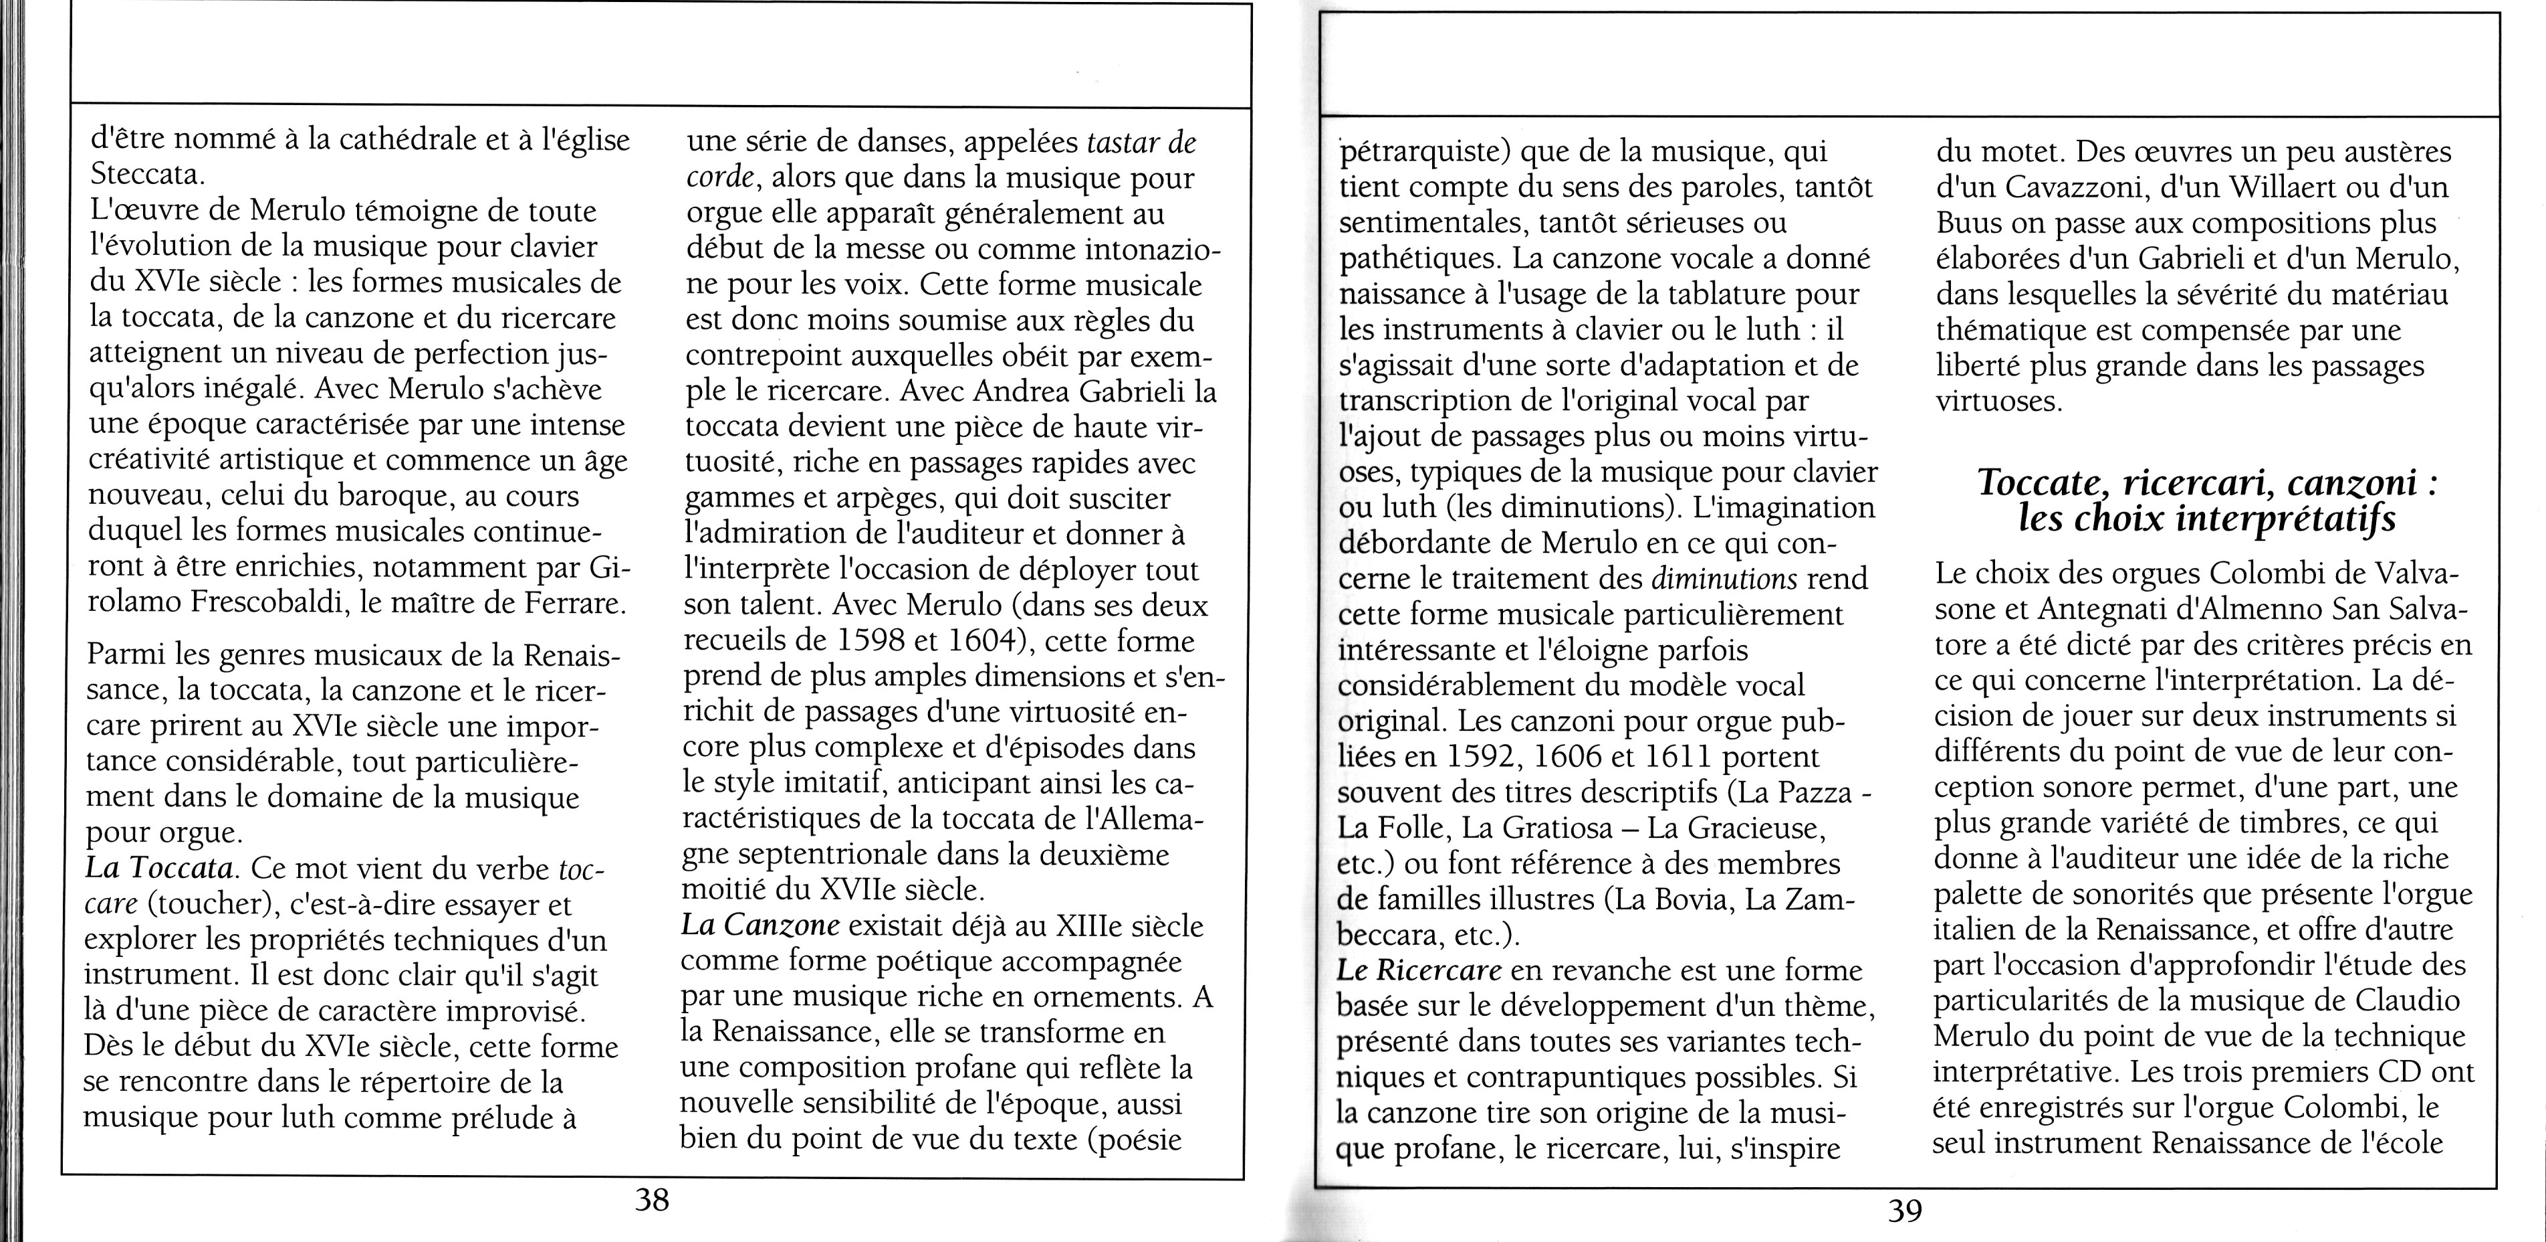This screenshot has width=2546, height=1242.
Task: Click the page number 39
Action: pos(1905,1209)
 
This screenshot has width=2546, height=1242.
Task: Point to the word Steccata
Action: pos(147,175)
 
